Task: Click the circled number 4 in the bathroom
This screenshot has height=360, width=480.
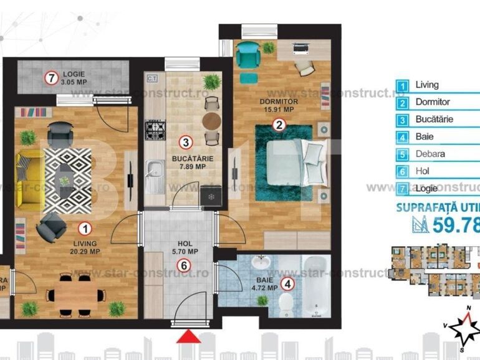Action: (287, 285)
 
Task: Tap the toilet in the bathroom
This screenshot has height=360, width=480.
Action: (285, 305)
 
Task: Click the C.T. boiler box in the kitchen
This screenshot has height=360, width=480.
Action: (153, 78)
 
